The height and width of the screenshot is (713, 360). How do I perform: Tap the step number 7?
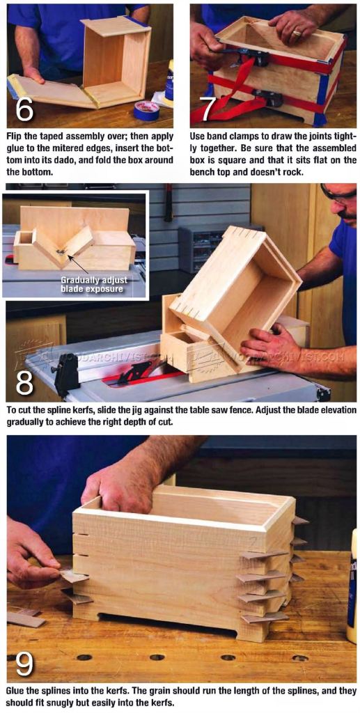point(208,109)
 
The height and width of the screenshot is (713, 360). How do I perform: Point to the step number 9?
point(24,664)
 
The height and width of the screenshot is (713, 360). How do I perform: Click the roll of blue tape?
point(146,110)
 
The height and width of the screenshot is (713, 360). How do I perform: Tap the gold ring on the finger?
point(297,33)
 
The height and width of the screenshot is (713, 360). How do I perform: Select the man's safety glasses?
point(338,194)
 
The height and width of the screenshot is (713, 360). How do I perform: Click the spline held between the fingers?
point(72,576)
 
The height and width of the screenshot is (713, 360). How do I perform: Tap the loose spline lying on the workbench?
point(26,619)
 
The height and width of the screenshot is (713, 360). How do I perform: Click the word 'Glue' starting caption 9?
point(17,691)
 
